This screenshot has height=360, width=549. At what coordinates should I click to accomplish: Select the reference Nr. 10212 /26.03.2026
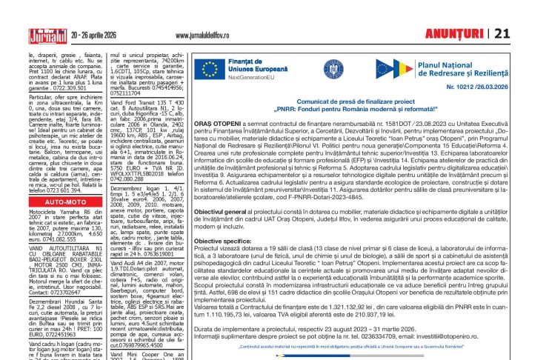click(468, 87)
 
